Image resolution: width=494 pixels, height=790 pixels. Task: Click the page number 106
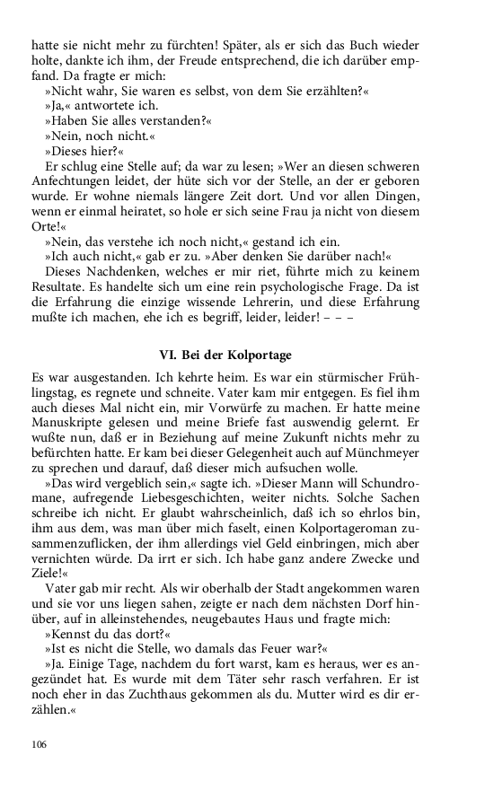(39, 744)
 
